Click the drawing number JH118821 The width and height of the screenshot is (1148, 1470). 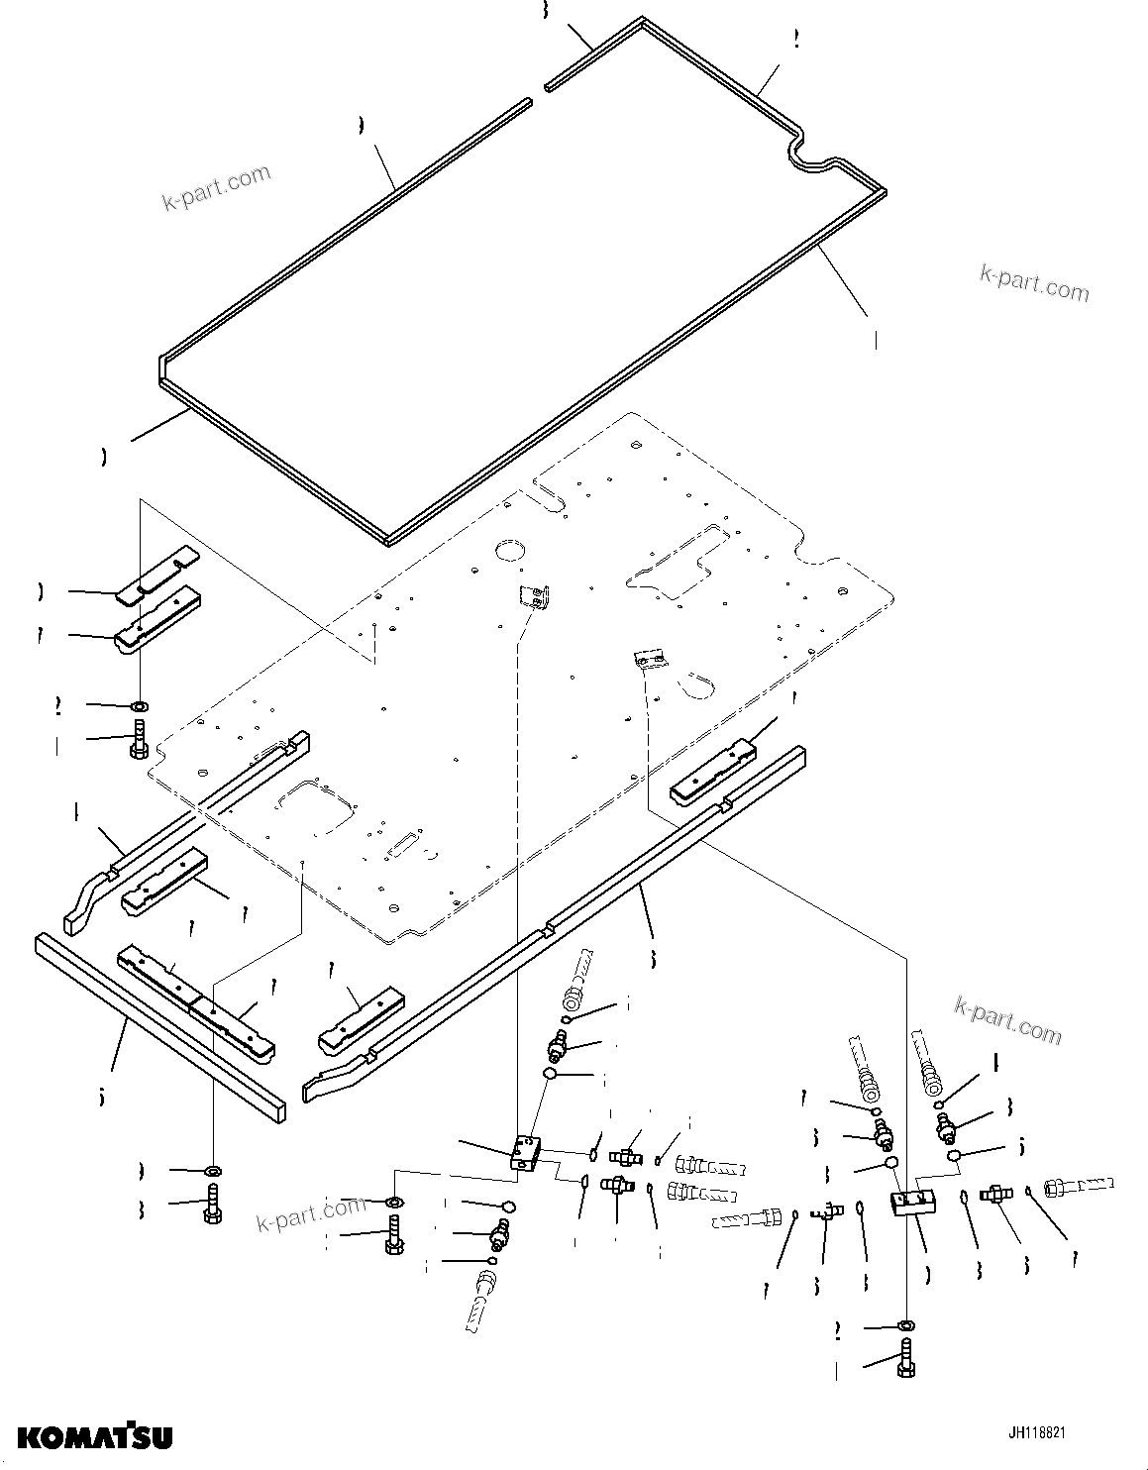tap(1037, 1433)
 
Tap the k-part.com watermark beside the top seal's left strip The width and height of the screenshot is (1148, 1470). tap(216, 188)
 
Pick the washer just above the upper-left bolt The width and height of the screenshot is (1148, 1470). tap(139, 706)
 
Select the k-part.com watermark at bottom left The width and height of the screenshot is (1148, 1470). tap(310, 1210)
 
